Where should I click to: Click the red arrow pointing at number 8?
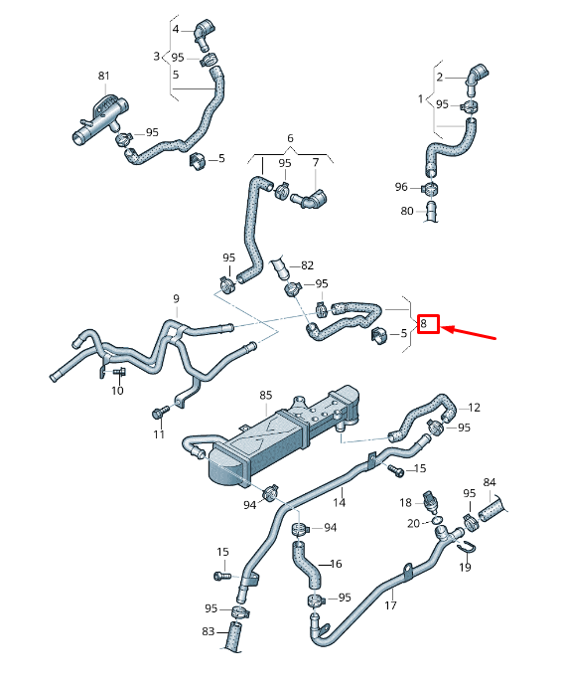tap(473, 332)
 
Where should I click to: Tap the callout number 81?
tap(104, 76)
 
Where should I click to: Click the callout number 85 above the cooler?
tap(265, 395)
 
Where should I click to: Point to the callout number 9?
tap(176, 299)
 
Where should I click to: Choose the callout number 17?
tap(390, 604)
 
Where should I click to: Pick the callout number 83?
tap(208, 632)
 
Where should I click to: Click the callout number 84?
tap(489, 483)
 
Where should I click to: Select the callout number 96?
tap(401, 187)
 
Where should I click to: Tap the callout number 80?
tap(406, 211)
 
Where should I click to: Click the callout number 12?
tap(474, 408)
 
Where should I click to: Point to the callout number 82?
tap(307, 265)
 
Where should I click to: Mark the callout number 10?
tap(116, 391)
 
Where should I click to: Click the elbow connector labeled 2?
tap(478, 75)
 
